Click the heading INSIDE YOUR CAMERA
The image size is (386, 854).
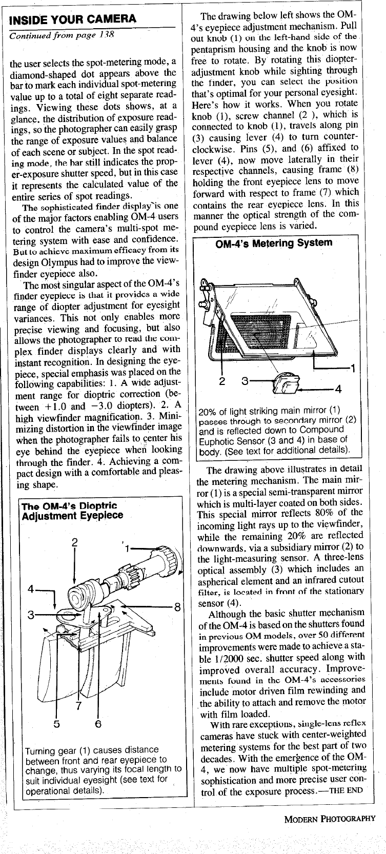click(x=73, y=21)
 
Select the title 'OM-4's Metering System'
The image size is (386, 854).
click(x=274, y=242)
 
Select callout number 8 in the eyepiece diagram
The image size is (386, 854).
click(x=177, y=608)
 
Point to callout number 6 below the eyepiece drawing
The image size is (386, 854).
click(x=98, y=724)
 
